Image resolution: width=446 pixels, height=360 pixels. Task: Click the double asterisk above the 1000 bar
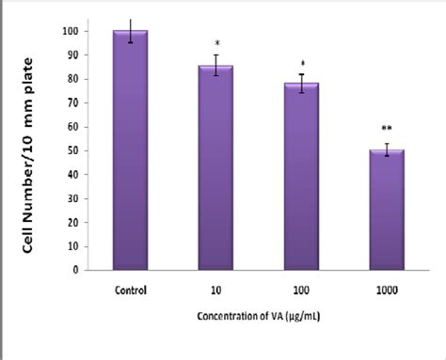coord(387,129)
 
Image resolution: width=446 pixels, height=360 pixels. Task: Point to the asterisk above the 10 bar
coord(217,43)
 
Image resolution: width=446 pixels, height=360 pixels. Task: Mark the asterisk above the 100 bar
coord(302,64)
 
